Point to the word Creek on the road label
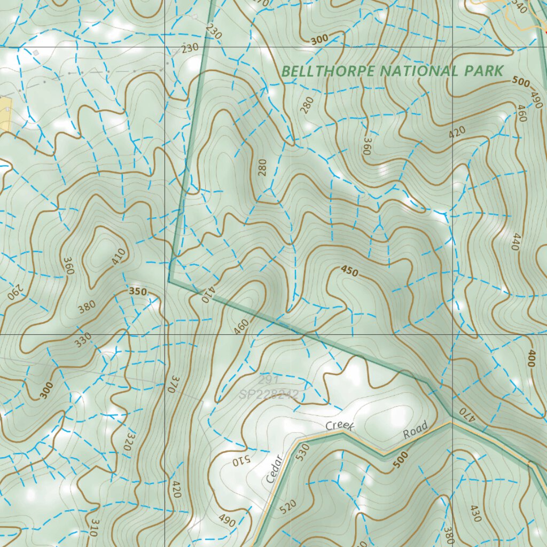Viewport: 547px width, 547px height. coord(340,426)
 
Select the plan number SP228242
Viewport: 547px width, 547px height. coord(269,395)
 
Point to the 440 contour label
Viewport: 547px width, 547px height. coord(515,241)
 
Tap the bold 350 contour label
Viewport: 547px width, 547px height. coord(137,292)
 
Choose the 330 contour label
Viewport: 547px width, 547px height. coord(83,340)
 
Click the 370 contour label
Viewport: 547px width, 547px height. coord(171,384)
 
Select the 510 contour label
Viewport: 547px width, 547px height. coord(236,462)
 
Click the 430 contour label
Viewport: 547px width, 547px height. coord(475,513)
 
